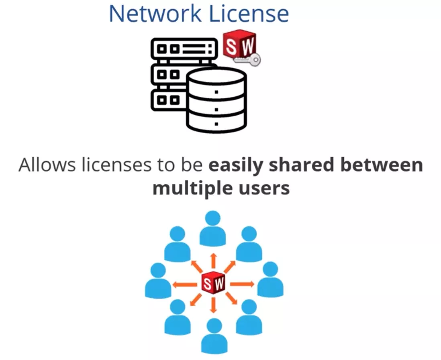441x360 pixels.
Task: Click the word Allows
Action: [47, 166]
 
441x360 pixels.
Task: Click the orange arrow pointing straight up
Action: [213, 260]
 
